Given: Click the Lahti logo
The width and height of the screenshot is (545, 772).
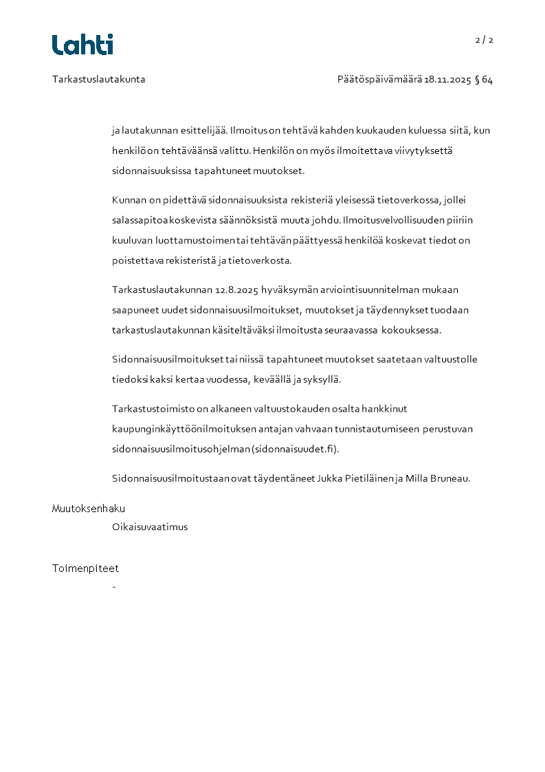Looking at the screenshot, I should coord(82,45).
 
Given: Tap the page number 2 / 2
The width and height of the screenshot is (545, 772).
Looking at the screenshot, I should coord(484,40).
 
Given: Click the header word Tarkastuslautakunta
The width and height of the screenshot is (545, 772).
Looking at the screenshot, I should coord(98,79).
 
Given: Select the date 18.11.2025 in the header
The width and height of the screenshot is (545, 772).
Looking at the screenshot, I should coord(447,79).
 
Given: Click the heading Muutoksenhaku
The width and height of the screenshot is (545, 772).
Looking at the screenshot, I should coord(88,509).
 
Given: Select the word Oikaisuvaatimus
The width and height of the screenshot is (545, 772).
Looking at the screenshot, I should coord(150,527).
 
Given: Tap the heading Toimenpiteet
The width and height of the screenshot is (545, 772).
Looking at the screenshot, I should coord(85,569).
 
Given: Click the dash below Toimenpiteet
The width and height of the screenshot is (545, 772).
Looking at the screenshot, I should coord(113,586).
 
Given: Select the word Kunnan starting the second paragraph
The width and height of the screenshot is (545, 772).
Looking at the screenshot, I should coord(129,200).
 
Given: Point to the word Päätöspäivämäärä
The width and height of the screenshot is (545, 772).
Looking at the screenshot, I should coord(379,79).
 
